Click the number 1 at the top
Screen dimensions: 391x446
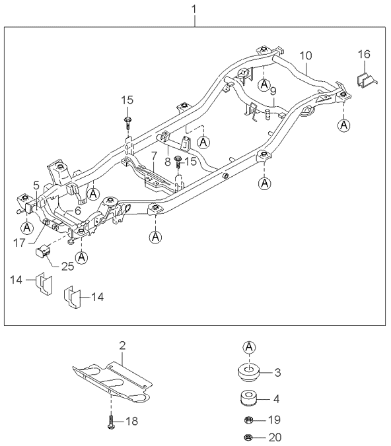point(194,9)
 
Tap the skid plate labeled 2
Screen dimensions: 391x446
point(112,382)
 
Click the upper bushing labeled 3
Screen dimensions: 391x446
point(248,372)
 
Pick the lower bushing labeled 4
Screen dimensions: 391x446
point(249,399)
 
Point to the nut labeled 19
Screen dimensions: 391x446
point(248,420)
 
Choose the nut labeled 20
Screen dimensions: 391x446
point(248,437)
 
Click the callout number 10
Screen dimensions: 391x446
point(306,55)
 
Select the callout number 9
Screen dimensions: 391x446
point(273,91)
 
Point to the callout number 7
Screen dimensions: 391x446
point(154,156)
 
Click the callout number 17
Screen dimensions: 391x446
point(19,243)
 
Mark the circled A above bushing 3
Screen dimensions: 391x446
point(249,347)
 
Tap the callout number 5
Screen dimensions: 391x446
point(36,185)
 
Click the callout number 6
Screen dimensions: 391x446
point(77,210)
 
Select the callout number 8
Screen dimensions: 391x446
point(168,161)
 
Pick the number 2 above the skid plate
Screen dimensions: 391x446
point(122,346)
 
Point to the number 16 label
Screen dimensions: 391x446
point(364,54)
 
